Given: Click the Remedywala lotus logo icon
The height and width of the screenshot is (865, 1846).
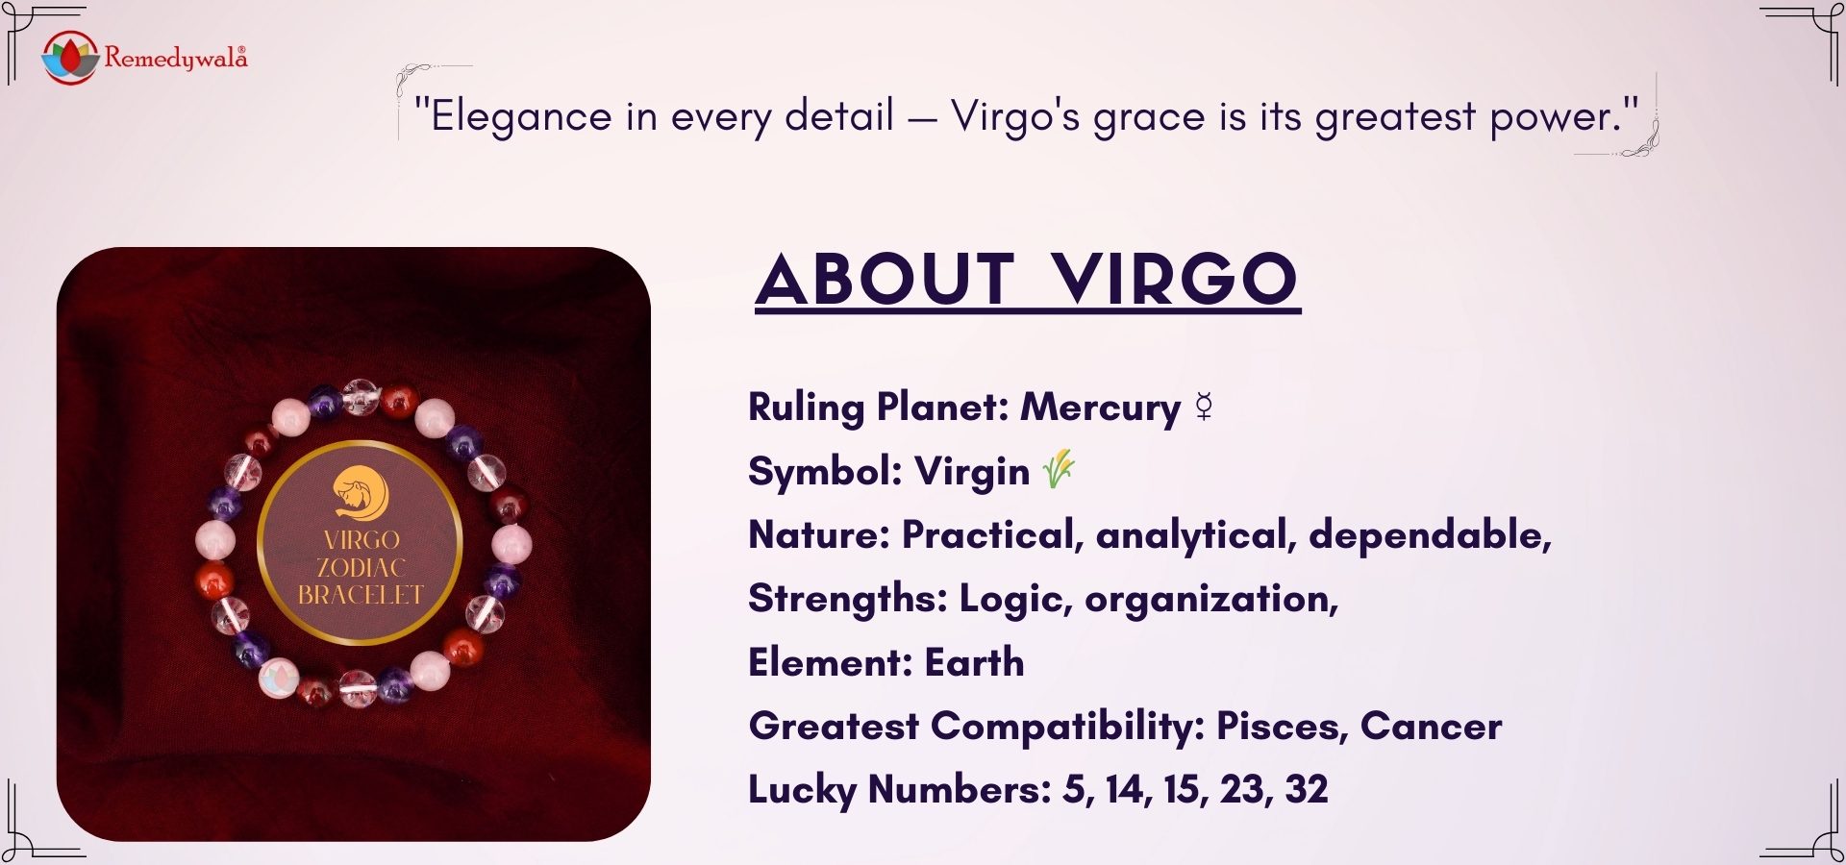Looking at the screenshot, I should (70, 57).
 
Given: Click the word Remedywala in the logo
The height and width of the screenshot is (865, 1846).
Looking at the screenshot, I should (175, 59).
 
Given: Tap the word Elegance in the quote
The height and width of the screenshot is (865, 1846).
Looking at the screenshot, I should (520, 117).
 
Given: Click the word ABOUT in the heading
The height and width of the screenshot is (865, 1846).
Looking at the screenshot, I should (886, 280).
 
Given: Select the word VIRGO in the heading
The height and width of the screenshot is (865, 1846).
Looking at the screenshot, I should (1174, 280).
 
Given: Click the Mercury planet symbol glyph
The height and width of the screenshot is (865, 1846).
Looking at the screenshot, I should (1204, 408).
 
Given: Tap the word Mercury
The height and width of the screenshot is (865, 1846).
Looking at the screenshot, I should (1100, 408).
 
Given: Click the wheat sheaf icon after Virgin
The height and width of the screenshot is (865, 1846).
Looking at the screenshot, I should (1059, 469).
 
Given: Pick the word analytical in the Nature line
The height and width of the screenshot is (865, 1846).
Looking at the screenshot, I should (1196, 534).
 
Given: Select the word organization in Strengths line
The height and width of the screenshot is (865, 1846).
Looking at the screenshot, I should (1210, 599).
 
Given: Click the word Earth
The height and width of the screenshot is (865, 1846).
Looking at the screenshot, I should (974, 662).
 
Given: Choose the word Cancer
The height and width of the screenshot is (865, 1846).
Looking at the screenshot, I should (1431, 726).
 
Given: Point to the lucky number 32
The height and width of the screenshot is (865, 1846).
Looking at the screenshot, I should (1306, 789).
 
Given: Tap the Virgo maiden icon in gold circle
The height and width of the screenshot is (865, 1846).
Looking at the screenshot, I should (361, 493).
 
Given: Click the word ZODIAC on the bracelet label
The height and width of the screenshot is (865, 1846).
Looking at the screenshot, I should (361, 568).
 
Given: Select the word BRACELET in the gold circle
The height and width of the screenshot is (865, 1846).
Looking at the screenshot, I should (361, 596).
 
